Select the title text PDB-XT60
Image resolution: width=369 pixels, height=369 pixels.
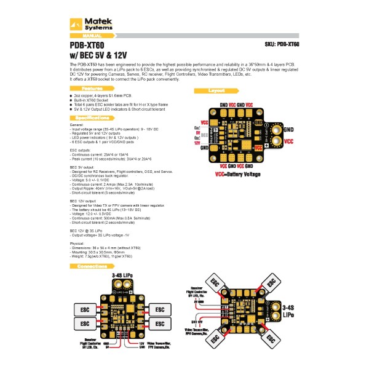coord(87,45)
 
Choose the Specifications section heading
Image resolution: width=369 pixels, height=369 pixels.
coord(92,117)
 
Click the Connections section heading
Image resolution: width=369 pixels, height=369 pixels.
coord(92,266)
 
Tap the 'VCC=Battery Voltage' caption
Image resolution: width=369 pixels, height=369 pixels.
coord(237,174)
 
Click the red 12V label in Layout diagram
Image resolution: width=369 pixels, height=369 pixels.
coord(198,142)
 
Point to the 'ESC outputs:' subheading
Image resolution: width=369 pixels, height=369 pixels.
coord(82,149)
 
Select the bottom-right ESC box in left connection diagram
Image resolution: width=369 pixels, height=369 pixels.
coord(159,323)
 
